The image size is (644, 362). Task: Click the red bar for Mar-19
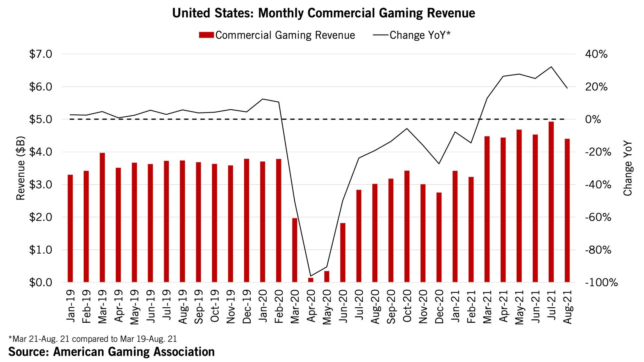point(102,217)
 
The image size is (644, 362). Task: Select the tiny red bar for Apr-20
point(311,280)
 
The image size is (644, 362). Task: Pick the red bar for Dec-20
point(439,237)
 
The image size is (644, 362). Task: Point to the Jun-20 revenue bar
point(343,253)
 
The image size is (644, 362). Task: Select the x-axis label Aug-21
point(568,306)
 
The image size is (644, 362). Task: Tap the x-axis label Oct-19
point(214,306)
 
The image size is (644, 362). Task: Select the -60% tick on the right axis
point(598,217)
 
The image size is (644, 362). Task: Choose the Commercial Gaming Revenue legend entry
point(277,35)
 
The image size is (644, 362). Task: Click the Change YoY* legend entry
point(412,35)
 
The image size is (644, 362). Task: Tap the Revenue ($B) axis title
point(21,168)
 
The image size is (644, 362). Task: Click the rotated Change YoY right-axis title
point(628,168)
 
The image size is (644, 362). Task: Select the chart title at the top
point(324,13)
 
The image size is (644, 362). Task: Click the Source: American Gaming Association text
point(112,352)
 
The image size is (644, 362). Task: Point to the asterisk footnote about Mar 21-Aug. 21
point(93,339)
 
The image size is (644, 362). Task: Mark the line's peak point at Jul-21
point(551,67)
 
